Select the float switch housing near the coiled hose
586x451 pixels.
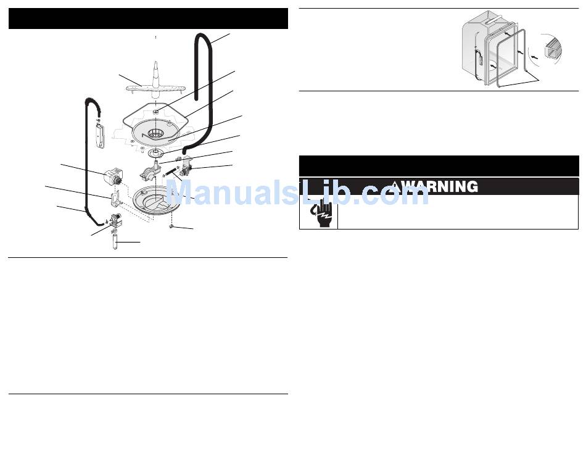(100, 134)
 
